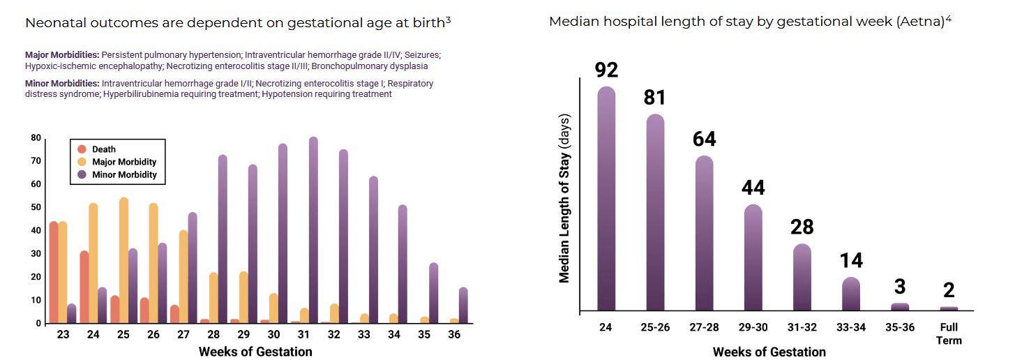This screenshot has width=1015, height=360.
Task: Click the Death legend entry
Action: [x=104, y=149]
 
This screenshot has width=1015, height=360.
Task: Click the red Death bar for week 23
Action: [x=54, y=272]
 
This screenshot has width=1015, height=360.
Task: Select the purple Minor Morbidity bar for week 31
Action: [x=313, y=230]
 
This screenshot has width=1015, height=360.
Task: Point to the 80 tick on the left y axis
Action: [x=36, y=138]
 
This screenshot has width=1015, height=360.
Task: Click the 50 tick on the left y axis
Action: [x=36, y=208]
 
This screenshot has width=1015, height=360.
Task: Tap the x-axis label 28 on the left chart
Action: [x=213, y=335]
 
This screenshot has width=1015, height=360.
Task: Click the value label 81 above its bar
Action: [x=654, y=98]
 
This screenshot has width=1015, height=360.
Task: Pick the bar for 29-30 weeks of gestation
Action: [x=753, y=257]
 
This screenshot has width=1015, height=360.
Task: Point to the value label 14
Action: [x=851, y=261]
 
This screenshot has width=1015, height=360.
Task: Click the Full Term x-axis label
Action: [x=949, y=334]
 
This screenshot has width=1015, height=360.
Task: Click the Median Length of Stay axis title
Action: [x=564, y=202]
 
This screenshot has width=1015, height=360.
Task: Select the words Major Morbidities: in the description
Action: [x=62, y=54]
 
